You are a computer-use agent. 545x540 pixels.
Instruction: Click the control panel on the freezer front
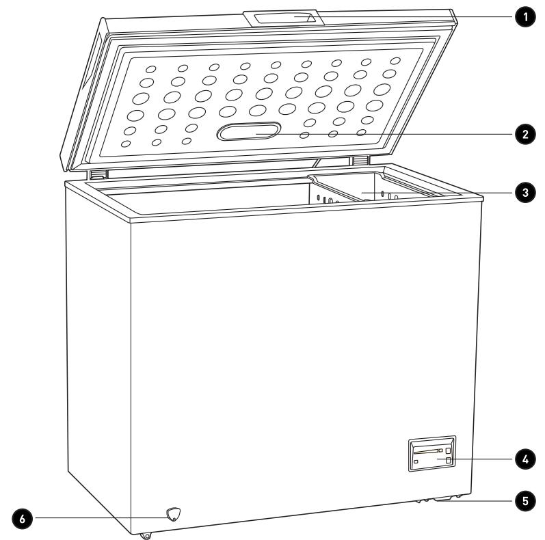coord(431,455)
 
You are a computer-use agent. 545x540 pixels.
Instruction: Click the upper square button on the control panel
coord(449,451)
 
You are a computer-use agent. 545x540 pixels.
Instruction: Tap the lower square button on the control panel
coord(449,462)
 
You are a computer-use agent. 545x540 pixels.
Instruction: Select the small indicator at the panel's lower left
coord(416,463)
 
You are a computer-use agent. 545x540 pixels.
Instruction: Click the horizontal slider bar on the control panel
coord(428,452)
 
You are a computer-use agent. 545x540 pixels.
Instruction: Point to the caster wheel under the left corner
coord(146,536)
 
